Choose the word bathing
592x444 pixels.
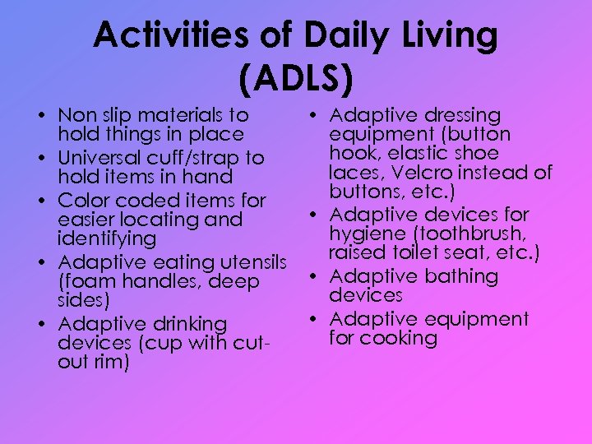pyautogui.click(x=460, y=276)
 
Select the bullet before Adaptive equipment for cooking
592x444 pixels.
pyautogui.click(x=315, y=319)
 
